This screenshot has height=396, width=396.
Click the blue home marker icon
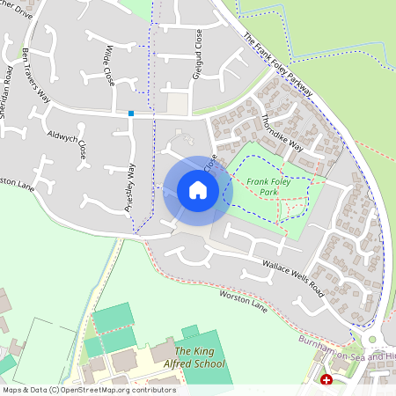click(x=197, y=190)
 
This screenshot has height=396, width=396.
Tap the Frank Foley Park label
click(x=269, y=186)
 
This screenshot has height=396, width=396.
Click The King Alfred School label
click(x=194, y=357)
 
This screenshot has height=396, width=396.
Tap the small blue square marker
click(x=131, y=113)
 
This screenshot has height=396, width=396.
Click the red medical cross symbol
click(x=327, y=380)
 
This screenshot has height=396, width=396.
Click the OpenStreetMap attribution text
click(x=88, y=389)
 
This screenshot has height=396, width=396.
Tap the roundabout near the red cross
click(x=370, y=339)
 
